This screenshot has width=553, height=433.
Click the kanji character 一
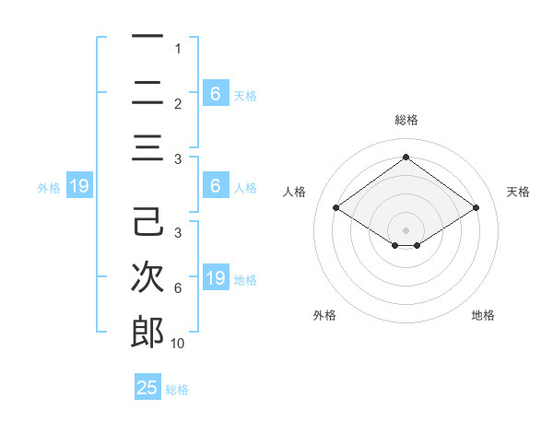click(147, 37)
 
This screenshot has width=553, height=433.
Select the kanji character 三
click(147, 147)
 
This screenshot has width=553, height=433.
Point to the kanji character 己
click(147, 222)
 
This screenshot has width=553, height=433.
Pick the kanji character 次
click(147, 277)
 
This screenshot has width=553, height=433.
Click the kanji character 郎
click(147, 332)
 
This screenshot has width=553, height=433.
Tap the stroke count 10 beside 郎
click(177, 344)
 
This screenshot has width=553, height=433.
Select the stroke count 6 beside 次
click(177, 288)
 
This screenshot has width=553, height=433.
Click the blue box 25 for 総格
click(147, 388)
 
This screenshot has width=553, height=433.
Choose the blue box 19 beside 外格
click(78, 187)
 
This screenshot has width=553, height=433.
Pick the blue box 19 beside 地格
click(216, 278)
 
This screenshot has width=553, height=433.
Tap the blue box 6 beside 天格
click(216, 94)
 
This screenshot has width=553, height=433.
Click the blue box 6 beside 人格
click(216, 186)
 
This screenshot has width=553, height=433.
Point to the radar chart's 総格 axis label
click(406, 120)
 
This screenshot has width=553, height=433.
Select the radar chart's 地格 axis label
click(483, 315)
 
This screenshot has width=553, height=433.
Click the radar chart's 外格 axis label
click(324, 315)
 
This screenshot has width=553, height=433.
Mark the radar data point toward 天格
click(476, 208)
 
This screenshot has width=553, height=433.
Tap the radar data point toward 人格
click(336, 208)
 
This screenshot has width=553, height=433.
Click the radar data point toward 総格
click(406, 157)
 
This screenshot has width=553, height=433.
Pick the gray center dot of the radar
click(406, 228)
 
